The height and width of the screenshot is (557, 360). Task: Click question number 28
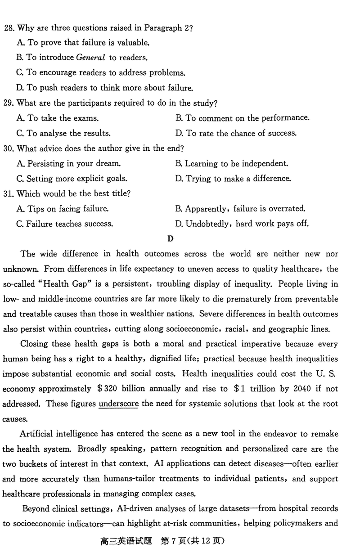pyautogui.click(x=9, y=28)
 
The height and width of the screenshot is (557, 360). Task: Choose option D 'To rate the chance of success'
pyautogui.click(x=236, y=133)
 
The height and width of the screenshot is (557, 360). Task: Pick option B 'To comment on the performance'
pyautogui.click(x=242, y=118)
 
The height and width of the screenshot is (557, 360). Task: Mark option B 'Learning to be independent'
pyautogui.click(x=231, y=164)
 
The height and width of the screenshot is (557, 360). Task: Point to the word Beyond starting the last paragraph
pyautogui.click(x=36, y=509)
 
